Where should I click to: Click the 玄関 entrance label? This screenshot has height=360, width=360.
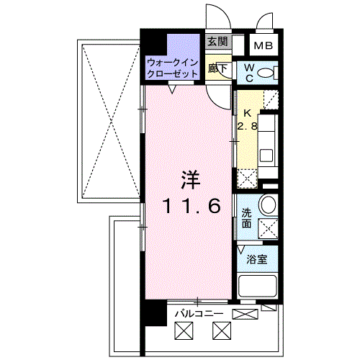click(x=217, y=42)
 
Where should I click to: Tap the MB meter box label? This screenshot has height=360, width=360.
click(x=264, y=45)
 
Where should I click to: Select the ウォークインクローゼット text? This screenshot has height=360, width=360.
click(x=172, y=68)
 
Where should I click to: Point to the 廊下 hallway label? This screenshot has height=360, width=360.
click(x=217, y=68)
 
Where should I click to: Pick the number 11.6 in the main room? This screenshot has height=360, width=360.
click(x=192, y=207)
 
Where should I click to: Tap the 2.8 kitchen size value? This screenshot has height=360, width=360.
click(x=247, y=126)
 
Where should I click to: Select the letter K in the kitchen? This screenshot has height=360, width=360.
click(x=247, y=113)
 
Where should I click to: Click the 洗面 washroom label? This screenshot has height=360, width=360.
click(x=246, y=218)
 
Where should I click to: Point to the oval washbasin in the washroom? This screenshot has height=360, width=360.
click(x=269, y=204)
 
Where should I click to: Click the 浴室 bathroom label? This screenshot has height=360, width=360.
click(x=257, y=259)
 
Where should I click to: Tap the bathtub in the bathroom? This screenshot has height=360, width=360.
click(x=258, y=287)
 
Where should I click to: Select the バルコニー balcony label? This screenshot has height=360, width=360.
click(x=199, y=314)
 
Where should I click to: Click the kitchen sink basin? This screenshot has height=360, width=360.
click(x=266, y=156)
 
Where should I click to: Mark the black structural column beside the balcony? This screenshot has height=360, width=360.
click(x=153, y=312)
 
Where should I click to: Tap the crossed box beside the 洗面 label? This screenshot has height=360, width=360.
click(x=268, y=229)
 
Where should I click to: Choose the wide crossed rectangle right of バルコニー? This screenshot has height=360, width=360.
click(x=245, y=314)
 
